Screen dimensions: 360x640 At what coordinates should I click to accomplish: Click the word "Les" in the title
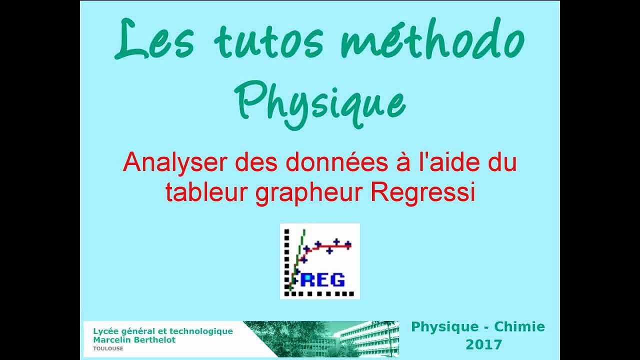[153, 40]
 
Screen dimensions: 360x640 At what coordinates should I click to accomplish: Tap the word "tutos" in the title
[269, 41]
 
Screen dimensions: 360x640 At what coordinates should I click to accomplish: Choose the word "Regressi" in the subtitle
[422, 192]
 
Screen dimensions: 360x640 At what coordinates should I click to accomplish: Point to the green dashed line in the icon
[298, 255]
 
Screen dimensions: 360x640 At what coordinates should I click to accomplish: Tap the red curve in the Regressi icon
[330, 246]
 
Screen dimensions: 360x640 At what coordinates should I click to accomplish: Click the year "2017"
[483, 344]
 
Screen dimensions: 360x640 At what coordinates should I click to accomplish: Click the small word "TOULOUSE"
[108, 348]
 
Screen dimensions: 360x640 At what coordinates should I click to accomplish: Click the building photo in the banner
[350, 339]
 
